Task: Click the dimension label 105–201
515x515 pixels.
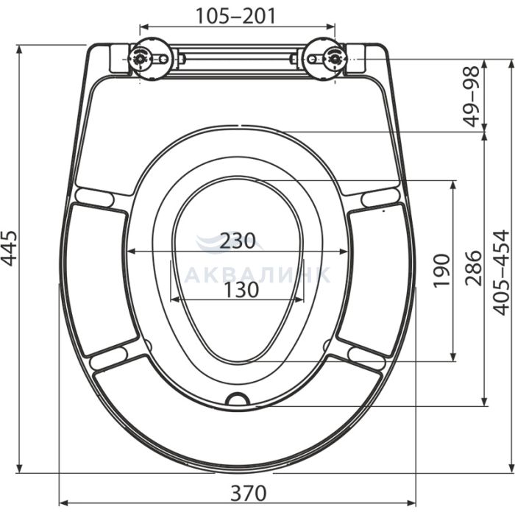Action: [x=235, y=16]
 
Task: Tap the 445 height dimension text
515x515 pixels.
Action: [x=9, y=248]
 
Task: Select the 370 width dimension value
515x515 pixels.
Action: [x=248, y=493]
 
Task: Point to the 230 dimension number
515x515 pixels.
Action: [x=237, y=241]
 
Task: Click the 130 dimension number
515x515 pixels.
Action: [x=241, y=290]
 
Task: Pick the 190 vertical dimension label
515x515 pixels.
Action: [x=441, y=271]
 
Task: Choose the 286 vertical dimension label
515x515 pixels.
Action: [x=473, y=268]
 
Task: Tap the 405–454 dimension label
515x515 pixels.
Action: [x=502, y=273]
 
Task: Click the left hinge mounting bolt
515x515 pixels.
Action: [x=141, y=59]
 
